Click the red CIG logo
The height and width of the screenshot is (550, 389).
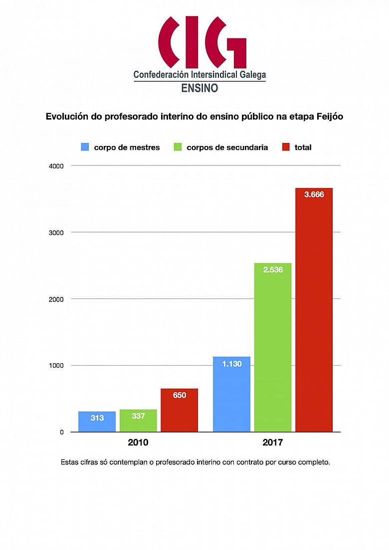(x=202, y=42)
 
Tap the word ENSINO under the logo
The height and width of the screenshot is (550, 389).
(x=199, y=88)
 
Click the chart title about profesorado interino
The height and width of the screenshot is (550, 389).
(x=194, y=117)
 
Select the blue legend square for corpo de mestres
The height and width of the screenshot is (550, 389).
(x=85, y=147)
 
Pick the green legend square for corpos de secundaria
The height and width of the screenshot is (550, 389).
(x=177, y=147)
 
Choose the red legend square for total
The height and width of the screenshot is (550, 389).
(x=286, y=147)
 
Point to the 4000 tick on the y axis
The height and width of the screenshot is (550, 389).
(x=57, y=165)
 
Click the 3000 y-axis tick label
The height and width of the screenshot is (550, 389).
(x=57, y=232)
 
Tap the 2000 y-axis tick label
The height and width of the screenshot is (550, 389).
(x=57, y=299)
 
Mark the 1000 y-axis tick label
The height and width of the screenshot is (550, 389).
(x=57, y=366)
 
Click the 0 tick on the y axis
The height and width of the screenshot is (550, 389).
(x=62, y=432)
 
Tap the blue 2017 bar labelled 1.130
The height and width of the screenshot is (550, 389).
(x=231, y=394)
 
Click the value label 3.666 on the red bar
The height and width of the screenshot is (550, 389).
(x=314, y=195)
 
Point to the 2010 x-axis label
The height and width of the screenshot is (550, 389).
(x=138, y=442)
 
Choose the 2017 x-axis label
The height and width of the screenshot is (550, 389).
(x=273, y=442)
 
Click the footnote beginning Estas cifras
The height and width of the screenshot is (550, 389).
(x=195, y=462)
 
